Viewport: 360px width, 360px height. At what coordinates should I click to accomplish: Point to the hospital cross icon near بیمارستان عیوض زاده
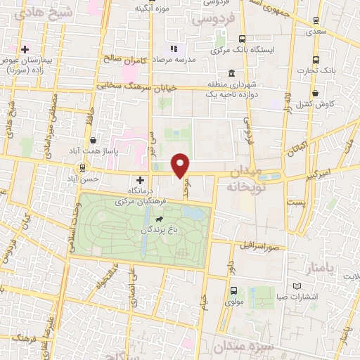(25, 50)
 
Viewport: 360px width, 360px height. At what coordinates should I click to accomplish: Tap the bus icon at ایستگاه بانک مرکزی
(242, 39)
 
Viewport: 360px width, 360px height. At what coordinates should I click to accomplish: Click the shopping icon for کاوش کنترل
(315, 92)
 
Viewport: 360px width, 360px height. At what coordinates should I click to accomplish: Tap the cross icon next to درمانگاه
(140, 180)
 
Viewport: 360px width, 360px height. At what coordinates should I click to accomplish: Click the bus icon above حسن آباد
(84, 168)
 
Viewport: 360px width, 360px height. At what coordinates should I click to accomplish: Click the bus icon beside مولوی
(233, 290)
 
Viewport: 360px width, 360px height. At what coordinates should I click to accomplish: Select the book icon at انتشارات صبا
(296, 286)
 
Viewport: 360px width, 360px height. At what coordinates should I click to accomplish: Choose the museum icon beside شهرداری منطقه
(231, 74)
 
